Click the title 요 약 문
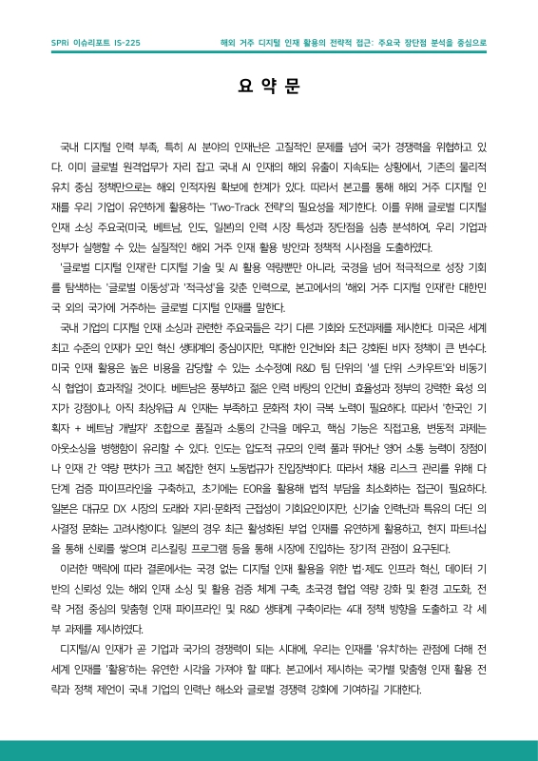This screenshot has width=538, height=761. [269, 87]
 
